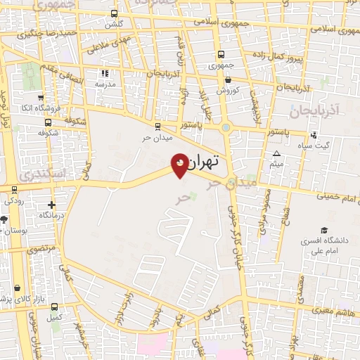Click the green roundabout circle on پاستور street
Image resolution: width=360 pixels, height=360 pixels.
[x=226, y=127]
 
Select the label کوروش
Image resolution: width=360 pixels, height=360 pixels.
[x=229, y=91]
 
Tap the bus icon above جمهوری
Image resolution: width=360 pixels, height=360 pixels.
[x=221, y=54]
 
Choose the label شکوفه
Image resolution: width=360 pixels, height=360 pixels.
[x=47, y=132]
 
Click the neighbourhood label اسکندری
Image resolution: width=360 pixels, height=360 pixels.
[x=42, y=172]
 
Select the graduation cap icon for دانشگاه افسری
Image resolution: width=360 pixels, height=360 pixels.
[x=324, y=230]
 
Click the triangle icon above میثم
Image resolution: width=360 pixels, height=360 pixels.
[x=276, y=154]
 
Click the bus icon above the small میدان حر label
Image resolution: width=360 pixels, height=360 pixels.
[x=156, y=127]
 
